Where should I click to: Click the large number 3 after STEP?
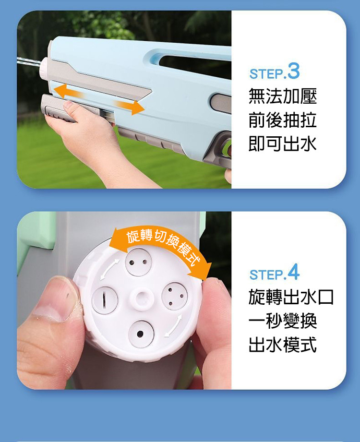tap(293, 72)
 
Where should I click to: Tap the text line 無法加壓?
tap(283, 96)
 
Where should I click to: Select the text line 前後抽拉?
tap(283, 120)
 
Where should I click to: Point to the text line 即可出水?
tap(283, 143)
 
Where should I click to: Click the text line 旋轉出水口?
tap(291, 297)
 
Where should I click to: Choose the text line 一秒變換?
tap(283, 321)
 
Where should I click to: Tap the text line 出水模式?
tap(283, 344)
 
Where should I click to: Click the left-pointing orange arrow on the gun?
tap(68, 91)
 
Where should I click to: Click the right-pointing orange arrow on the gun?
tap(130, 107)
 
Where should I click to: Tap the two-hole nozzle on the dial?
tap(138, 262)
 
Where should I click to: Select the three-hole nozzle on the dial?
tap(175, 296)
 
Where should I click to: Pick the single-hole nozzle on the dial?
tap(141, 334)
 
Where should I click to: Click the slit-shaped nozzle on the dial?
tap(105, 300)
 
